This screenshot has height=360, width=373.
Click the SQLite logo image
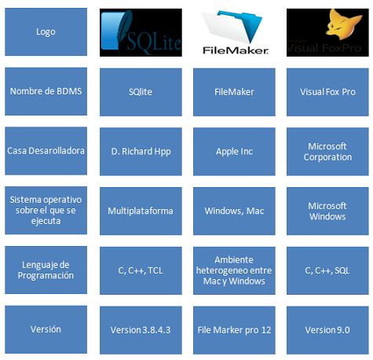[141, 32]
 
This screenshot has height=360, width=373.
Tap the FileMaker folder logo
[235, 32]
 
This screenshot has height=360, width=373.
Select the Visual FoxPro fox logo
[327, 32]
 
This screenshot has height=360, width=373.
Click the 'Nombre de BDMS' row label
[46, 91]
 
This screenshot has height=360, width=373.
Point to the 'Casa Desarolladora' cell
[46, 151]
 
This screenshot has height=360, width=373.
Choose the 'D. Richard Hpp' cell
[141, 152]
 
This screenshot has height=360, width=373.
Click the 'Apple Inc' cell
[234, 152]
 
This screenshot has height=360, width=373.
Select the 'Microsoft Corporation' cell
[327, 152]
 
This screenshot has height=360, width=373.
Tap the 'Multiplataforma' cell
[141, 211]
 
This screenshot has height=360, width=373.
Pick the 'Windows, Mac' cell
[234, 211]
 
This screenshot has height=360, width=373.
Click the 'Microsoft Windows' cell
[327, 211]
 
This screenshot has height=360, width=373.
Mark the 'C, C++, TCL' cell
[141, 270]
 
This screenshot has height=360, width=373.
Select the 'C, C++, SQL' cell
[327, 270]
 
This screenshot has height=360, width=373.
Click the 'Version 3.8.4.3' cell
[141, 330]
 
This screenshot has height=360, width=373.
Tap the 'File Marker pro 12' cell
[234, 330]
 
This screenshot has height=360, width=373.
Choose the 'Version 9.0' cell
[327, 330]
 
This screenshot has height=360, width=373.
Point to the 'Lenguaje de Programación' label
[46, 270]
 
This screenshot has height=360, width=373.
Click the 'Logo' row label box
[46, 31]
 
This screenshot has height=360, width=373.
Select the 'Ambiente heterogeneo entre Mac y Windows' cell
[234, 270]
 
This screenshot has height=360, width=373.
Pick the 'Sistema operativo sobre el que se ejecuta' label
[46, 211]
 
